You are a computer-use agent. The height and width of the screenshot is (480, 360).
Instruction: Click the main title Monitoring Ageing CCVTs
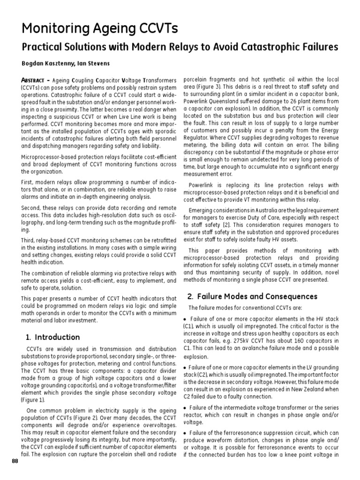click(x=100, y=29)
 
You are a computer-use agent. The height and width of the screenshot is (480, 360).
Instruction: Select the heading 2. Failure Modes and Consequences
click(x=252, y=296)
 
